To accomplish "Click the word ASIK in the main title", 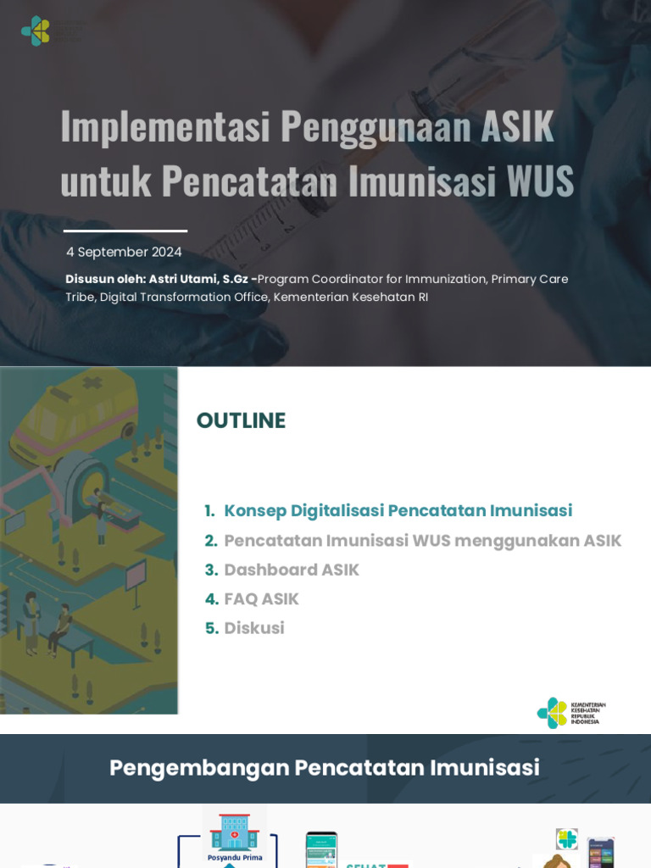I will point(517,125).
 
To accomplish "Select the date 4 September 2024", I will point(124,252).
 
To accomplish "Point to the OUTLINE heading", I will point(241,420).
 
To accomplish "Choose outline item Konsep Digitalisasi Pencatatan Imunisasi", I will point(398,510).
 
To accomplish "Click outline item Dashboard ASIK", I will point(291,570).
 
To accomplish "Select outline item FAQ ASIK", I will point(261,599).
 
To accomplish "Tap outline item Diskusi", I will point(253,628).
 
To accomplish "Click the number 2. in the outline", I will point(211,541).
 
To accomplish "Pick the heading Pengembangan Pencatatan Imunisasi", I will point(325,768).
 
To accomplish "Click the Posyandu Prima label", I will point(235,857).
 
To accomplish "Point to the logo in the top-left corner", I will point(36,31).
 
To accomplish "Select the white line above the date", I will point(125,231).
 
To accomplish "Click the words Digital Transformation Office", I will point(183,297).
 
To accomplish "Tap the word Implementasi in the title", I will point(164,125).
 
